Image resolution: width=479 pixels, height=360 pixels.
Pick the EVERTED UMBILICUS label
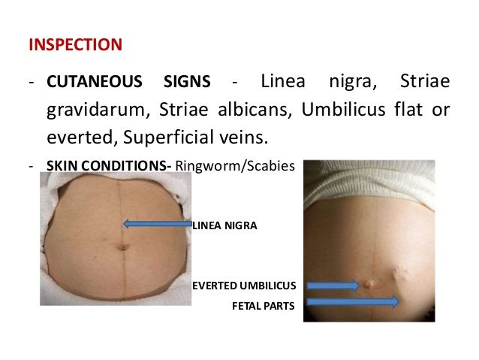tap(245, 286)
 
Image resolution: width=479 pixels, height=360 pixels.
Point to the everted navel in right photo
tap(369, 284)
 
